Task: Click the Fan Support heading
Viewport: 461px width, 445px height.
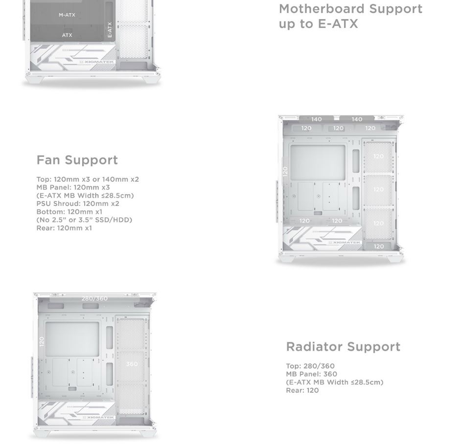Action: point(77,160)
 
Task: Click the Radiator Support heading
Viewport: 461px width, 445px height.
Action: point(343,347)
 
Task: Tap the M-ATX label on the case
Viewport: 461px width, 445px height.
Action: point(67,15)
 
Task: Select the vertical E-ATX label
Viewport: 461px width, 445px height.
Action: point(110,30)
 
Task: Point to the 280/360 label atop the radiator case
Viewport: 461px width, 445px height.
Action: point(94,298)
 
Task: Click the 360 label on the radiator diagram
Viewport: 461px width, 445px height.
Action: point(132,364)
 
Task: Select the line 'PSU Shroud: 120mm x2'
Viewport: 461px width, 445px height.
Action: point(78,203)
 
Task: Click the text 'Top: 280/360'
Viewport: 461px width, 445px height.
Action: point(310,366)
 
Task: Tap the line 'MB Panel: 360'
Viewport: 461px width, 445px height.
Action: point(311,374)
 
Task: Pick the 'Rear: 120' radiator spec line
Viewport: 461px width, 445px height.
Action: point(302,390)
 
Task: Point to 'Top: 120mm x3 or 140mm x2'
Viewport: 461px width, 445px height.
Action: point(88,179)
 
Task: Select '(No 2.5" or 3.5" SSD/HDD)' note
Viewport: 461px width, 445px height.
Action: point(84,220)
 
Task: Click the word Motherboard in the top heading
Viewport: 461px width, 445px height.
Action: point(323,9)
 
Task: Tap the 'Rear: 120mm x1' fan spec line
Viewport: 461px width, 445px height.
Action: point(64,228)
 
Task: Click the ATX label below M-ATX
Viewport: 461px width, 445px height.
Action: point(67,35)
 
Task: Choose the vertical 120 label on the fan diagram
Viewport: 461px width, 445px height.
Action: point(285,171)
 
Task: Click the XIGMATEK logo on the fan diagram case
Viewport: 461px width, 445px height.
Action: point(344,243)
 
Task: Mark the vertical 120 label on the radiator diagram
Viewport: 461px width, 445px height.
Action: point(42,341)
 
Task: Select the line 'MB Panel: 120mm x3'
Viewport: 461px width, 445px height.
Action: point(73,187)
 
